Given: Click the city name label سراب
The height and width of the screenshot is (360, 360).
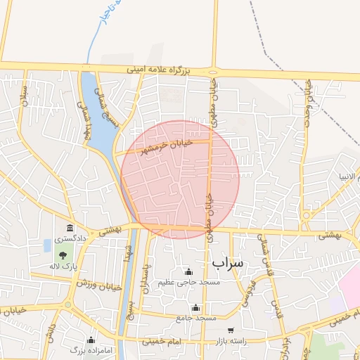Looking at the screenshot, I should point(227,262).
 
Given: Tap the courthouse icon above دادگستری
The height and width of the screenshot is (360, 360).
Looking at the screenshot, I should point(70,229).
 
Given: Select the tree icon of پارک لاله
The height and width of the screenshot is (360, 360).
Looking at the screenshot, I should point(63,255).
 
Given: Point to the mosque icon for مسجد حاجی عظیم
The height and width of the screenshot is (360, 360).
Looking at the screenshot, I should point(188,272).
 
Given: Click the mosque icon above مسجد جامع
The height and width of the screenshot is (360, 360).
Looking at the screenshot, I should point(195,308).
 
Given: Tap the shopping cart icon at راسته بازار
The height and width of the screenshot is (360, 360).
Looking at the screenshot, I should point(230,330).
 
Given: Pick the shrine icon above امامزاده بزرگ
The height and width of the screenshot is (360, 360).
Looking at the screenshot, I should point(91,339).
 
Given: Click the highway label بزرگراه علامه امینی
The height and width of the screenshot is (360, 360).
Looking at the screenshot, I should point(158,70).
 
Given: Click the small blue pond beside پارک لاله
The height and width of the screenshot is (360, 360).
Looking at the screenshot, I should point(47,245).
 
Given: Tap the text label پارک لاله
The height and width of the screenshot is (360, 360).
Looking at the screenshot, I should point(63,266).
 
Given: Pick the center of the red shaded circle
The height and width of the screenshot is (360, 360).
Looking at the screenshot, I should point(181,179).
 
